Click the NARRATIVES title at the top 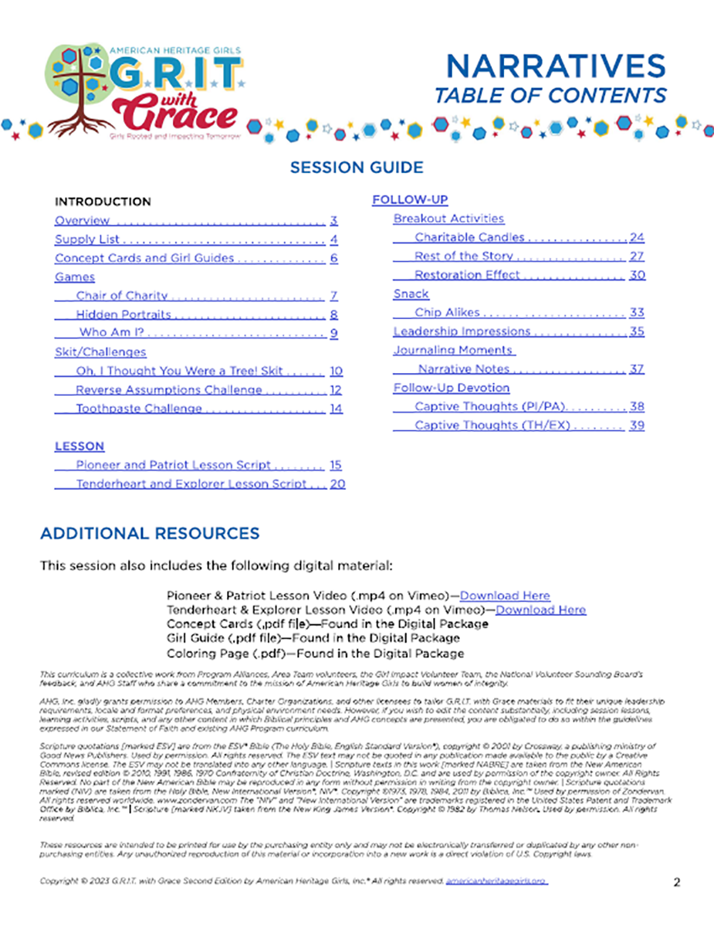pos(556,66)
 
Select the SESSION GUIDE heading pos(357,167)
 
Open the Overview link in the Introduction pos(82,221)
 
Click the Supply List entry pos(86,239)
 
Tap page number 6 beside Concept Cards pos(334,259)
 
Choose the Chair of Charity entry pos(122,296)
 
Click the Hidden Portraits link pos(124,315)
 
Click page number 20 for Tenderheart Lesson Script pos(337,484)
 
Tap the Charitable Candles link pos(469,237)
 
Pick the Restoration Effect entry pos(467,275)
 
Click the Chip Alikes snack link pos(447,313)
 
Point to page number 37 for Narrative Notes pos(637,369)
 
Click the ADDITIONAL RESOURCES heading pos(150,534)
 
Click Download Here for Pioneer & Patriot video pos(505,596)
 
